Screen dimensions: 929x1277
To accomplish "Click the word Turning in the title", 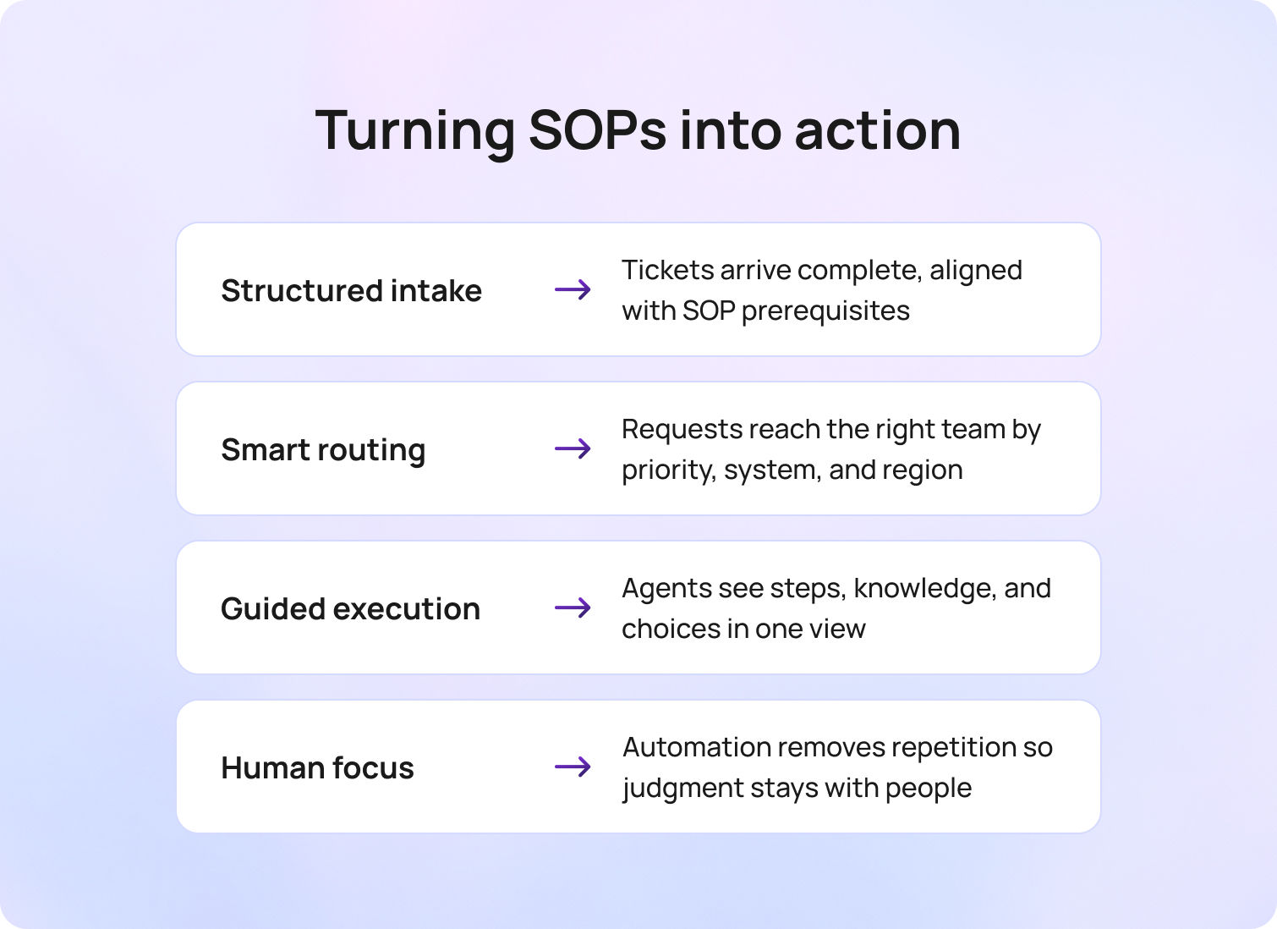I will click(414, 131).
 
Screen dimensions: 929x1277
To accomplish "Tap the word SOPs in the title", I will click(597, 131).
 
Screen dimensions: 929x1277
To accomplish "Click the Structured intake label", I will click(351, 290).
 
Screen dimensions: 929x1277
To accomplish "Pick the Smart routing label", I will click(323, 450).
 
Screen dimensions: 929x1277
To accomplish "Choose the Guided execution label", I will click(350, 609).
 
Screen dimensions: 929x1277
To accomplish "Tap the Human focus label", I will click(317, 768).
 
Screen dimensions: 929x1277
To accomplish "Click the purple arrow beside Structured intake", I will click(573, 290).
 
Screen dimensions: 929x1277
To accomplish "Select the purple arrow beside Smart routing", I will click(573, 448).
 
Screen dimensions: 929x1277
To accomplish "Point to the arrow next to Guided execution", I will click(573, 607).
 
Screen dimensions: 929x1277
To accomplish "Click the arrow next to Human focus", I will click(573, 767).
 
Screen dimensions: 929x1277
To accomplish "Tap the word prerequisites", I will click(825, 311).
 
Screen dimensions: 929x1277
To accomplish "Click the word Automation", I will click(696, 747).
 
